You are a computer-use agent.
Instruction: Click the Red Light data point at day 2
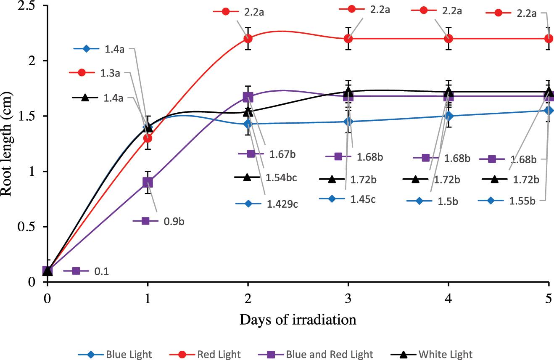click(x=248, y=38)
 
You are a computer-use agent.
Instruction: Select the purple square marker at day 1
click(x=148, y=182)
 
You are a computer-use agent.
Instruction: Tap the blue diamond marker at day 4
click(x=448, y=116)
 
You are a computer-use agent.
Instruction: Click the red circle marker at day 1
click(x=148, y=138)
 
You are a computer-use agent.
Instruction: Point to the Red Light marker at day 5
click(x=549, y=38)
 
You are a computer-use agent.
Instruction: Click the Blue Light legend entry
click(x=114, y=354)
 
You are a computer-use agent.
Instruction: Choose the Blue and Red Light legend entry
click(x=319, y=354)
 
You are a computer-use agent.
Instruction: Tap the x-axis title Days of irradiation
click(x=298, y=320)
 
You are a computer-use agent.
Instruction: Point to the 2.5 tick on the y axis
click(x=26, y=6)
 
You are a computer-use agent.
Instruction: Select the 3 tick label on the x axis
click(x=348, y=295)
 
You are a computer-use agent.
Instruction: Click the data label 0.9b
click(x=173, y=221)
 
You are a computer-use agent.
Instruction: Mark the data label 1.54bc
click(x=281, y=178)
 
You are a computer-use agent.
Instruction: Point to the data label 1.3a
click(x=110, y=73)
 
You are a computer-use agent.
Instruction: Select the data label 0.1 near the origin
click(x=101, y=271)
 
